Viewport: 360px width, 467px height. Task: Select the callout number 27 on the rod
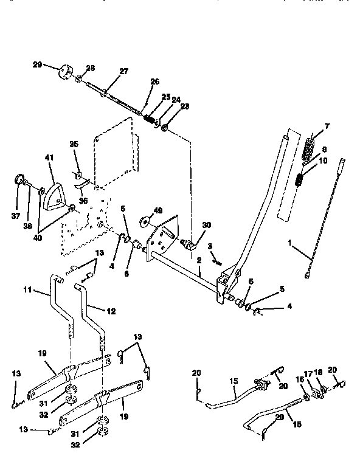pyautogui.click(x=123, y=72)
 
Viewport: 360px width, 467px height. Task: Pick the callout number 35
pyautogui.click(x=74, y=145)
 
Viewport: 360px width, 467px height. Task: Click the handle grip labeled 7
pyautogui.click(x=311, y=148)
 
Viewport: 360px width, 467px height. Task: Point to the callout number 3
pyautogui.click(x=209, y=246)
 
